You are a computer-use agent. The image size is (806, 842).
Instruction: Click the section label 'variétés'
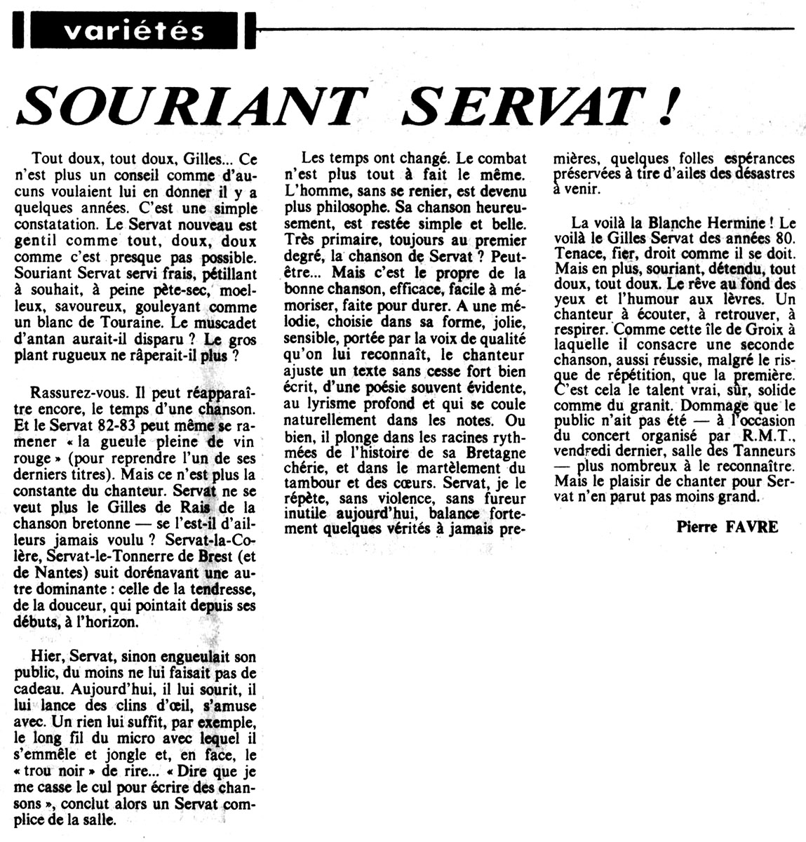[x=131, y=30]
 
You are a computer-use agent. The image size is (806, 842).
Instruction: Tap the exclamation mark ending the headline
[x=670, y=107]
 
